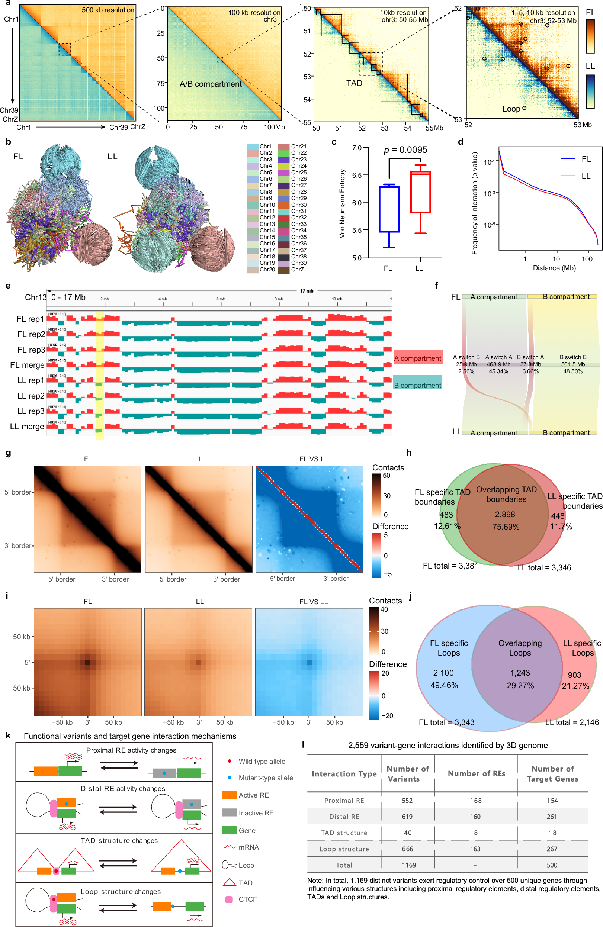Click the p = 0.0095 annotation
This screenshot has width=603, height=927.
tap(405, 150)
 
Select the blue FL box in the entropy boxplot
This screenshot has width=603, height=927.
tap(389, 209)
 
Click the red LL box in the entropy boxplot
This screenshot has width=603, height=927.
tap(420, 192)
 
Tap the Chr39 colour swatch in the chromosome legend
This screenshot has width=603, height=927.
tap(283, 263)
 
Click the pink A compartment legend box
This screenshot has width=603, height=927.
tap(418, 358)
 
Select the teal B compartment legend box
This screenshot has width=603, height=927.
tap(417, 383)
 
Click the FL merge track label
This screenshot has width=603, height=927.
tap(27, 366)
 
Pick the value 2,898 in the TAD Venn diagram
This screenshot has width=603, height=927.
tap(505, 515)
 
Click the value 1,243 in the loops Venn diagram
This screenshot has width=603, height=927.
tap(520, 673)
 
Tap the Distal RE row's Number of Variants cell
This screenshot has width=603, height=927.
tap(407, 817)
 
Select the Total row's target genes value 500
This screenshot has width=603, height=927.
tap(552, 865)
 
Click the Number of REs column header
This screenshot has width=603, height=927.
tap(476, 773)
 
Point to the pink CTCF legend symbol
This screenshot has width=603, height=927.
tap(229, 899)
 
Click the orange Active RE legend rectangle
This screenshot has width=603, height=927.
tap(229, 795)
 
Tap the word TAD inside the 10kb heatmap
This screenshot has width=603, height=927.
tap(354, 83)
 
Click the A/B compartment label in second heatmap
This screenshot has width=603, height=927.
tap(210, 84)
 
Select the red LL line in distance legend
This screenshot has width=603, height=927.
tap(568, 176)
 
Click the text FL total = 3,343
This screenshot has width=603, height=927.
tap(446, 722)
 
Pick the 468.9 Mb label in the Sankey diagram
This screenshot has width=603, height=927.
tap(498, 364)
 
